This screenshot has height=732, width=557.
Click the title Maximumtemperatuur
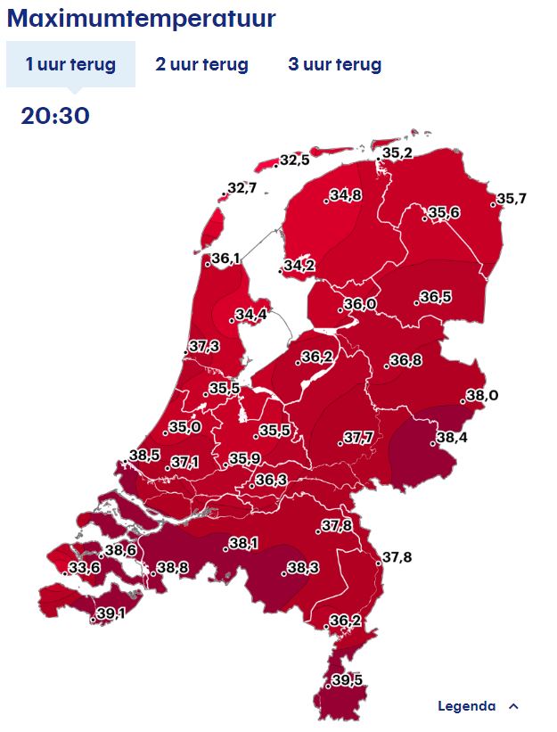[142, 19]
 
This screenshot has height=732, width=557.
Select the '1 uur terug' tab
[70, 65]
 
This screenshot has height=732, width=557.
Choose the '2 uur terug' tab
[201, 65]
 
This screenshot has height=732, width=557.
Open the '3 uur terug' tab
[334, 65]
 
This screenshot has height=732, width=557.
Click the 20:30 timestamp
[55, 116]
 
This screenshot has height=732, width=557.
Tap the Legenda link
[466, 706]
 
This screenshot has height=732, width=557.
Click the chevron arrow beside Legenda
[512, 706]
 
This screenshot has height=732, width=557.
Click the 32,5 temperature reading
[294, 160]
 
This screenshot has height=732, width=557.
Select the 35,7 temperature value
[511, 198]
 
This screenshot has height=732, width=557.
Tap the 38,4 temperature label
[450, 438]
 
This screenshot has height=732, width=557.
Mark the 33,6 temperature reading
[85, 568]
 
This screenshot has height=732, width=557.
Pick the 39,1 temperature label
[110, 613]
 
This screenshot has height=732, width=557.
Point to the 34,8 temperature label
[345, 195]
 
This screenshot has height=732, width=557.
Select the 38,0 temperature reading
[481, 396]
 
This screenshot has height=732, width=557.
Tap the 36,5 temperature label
[435, 297]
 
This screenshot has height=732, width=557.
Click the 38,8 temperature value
[172, 568]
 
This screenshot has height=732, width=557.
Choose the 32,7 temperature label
[242, 188]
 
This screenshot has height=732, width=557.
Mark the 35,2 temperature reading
[397, 153]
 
